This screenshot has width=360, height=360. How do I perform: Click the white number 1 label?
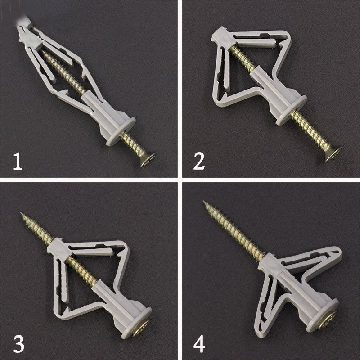(18, 162)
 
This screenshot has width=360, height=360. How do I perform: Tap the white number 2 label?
(199, 162)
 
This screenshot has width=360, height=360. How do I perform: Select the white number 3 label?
(19, 344)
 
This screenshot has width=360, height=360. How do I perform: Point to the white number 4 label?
(199, 344)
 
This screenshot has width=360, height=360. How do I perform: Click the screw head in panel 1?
(148, 160)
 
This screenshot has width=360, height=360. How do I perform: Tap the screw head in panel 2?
(333, 154)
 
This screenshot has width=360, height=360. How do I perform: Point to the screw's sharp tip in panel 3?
(21, 213)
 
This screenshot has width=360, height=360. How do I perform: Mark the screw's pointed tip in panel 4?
(204, 202)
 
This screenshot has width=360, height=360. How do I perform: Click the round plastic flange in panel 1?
(121, 131)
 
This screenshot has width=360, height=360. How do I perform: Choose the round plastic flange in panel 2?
(292, 110)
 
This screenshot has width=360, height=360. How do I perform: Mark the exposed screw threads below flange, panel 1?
(133, 144)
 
